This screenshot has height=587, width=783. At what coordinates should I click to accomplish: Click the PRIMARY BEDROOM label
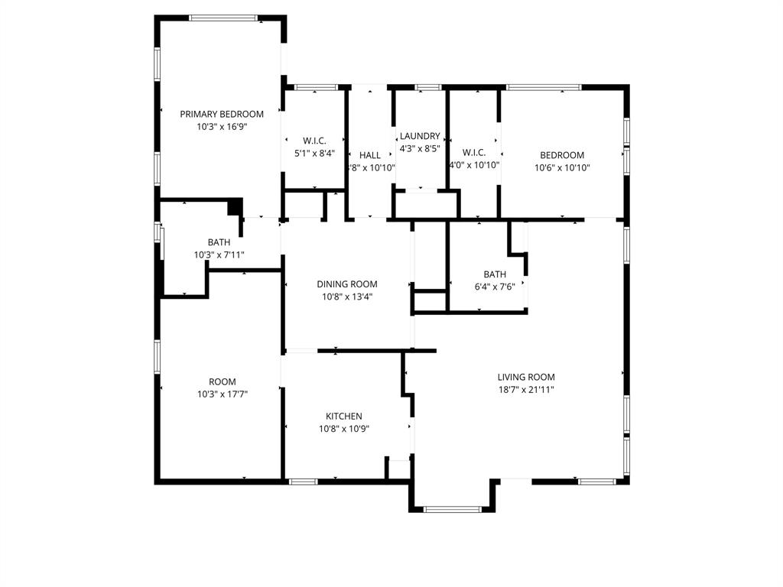pyautogui.click(x=222, y=114)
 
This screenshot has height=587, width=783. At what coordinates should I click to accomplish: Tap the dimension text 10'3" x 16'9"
pyautogui.click(x=222, y=128)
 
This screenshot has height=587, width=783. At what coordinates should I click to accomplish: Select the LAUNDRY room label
pyautogui.click(x=420, y=135)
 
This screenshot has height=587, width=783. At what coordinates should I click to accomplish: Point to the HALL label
pyautogui.click(x=370, y=155)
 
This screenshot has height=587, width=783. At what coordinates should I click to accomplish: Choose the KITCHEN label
pyautogui.click(x=344, y=416)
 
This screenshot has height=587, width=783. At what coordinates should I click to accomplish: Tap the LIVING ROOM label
pyautogui.click(x=526, y=377)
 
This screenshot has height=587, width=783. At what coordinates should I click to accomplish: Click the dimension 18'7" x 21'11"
pyautogui.click(x=526, y=390)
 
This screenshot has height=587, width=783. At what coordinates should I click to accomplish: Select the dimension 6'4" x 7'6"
pyautogui.click(x=495, y=288)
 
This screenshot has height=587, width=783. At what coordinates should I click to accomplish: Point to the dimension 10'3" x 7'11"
pyautogui.click(x=219, y=255)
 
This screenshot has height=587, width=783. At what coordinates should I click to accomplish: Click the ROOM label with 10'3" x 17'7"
pyautogui.click(x=223, y=381)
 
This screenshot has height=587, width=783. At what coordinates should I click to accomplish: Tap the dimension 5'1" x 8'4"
pyautogui.click(x=315, y=153)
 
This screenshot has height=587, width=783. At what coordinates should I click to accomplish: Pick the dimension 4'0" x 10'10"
pyautogui.click(x=474, y=165)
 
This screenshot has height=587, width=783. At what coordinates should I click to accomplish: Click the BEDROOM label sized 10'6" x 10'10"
pyautogui.click(x=562, y=154)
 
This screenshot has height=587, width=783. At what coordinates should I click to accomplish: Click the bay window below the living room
pyautogui.click(x=453, y=508)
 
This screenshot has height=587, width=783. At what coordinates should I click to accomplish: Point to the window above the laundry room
pyautogui.click(x=428, y=87)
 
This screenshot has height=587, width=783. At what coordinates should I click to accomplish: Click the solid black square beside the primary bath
pyautogui.click(x=236, y=207)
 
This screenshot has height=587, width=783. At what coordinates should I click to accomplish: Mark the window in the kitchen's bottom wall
pyautogui.click(x=303, y=482)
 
